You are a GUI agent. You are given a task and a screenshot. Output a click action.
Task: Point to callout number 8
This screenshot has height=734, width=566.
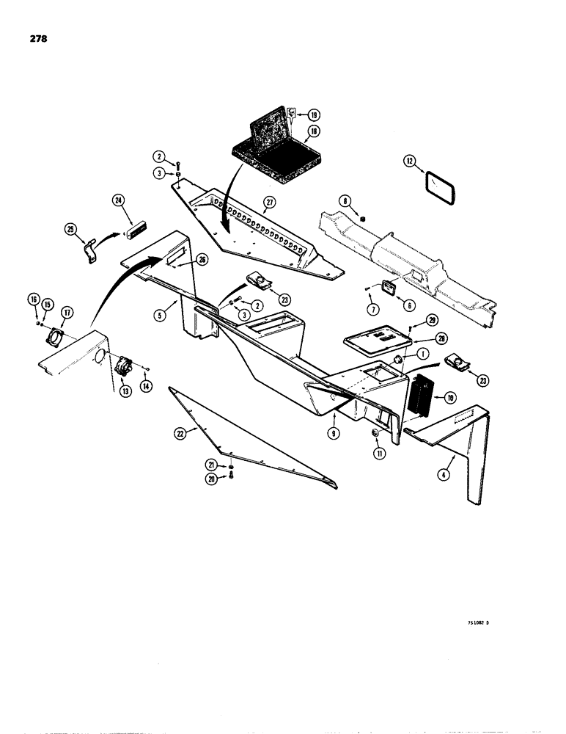tap(344, 200)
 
